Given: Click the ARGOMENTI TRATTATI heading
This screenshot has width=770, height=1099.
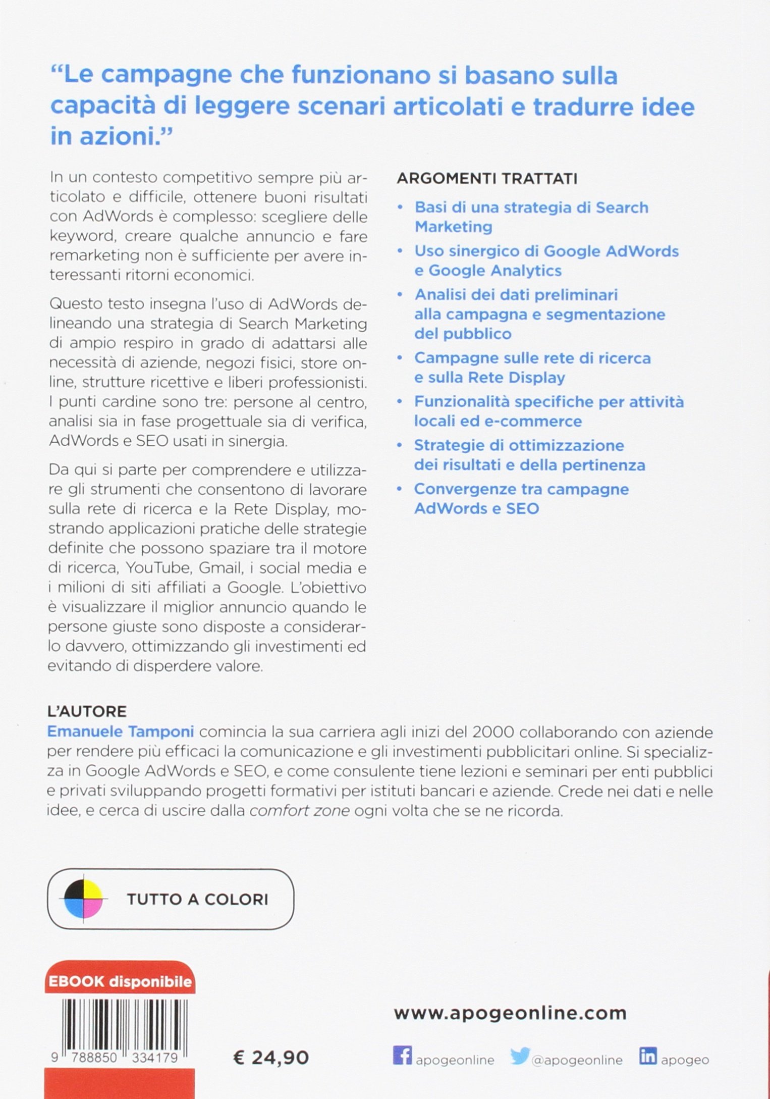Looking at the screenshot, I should point(487,179).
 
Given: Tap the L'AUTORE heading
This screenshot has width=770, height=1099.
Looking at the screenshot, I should point(87,711).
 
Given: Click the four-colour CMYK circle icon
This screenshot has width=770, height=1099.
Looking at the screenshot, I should point(83,899).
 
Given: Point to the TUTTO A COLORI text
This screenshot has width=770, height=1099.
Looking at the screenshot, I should point(197,899).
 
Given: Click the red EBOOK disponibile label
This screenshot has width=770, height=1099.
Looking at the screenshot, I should point(120,981).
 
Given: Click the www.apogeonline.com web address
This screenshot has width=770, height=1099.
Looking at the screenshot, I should point(510,1013).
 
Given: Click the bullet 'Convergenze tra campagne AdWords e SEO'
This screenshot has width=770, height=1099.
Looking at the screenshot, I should point(521,498).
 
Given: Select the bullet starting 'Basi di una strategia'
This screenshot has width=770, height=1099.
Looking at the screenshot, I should point(531,217).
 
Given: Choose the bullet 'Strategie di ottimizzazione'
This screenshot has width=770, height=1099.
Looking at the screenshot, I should point(529,454).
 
